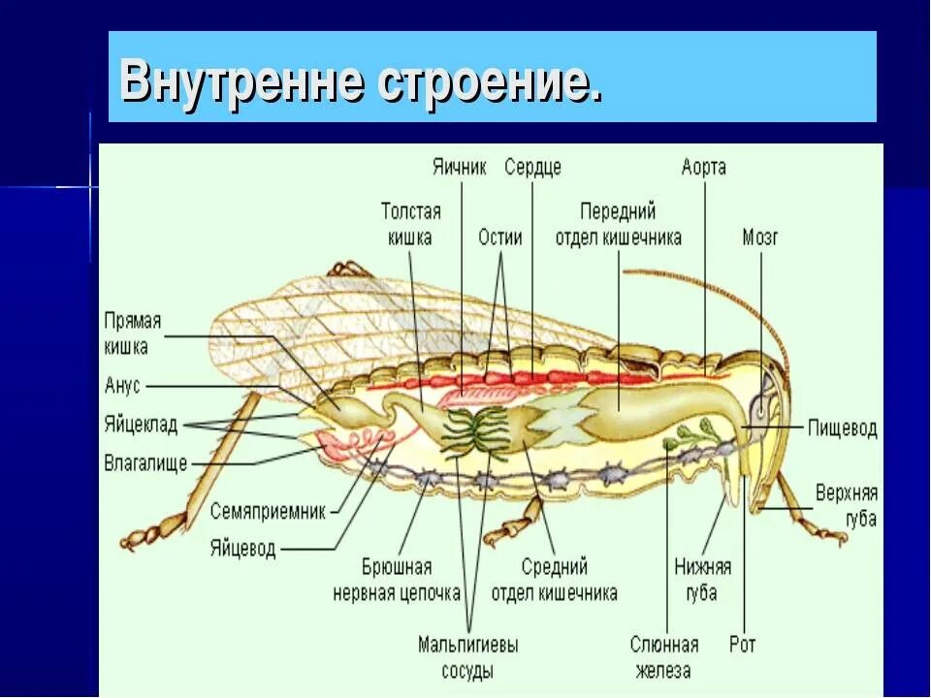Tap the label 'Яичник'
(460, 167)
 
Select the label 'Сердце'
(532, 167)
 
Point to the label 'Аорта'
(703, 167)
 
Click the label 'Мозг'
(760, 237)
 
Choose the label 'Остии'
(500, 237)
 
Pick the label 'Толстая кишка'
(410, 224)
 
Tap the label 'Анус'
(122, 386)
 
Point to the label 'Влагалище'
(145, 462)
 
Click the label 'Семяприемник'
(269, 512)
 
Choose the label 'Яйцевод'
(242, 548)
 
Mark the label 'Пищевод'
(843, 428)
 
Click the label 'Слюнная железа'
(664, 657)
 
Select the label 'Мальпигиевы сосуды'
(468, 657)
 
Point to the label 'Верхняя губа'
(846, 504)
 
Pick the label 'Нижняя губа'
(703, 580)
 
